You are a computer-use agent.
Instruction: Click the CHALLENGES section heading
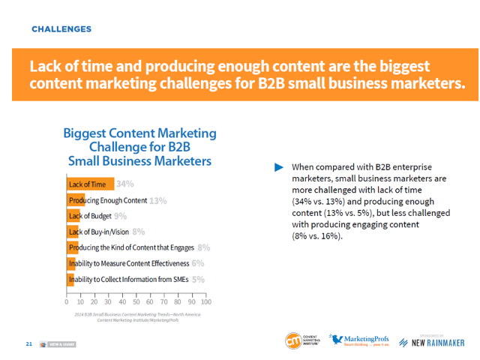coord(61,29)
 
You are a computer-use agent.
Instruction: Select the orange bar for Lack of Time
coord(91,184)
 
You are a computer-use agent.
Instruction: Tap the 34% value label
coord(124,184)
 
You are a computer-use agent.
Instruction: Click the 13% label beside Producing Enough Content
coord(157,200)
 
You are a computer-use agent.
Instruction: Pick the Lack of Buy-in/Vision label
coord(99,232)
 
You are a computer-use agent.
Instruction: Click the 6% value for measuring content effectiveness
coord(198,263)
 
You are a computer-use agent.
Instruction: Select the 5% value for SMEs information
coord(198,279)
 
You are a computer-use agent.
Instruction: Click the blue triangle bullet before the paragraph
coord(279,166)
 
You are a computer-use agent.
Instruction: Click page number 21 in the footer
coord(28,343)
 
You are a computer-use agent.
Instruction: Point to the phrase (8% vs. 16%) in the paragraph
coord(316,235)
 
